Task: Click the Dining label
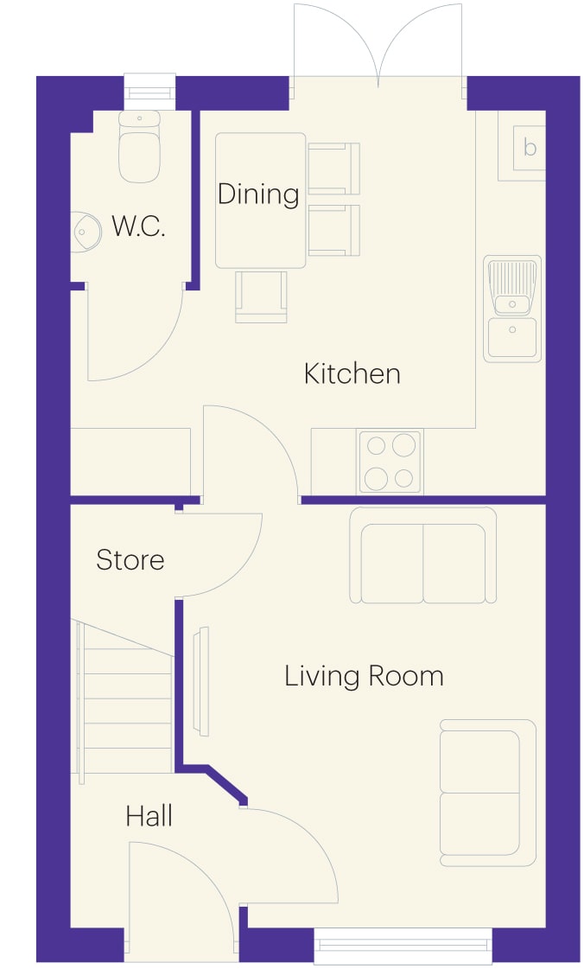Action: [258, 194]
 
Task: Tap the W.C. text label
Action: [138, 226]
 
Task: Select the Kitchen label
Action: [352, 374]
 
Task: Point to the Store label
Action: [130, 560]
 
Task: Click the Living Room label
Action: [365, 677]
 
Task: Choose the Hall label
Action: [149, 816]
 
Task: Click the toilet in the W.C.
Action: [139, 146]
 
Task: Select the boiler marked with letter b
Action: [522, 146]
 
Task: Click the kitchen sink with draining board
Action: [512, 309]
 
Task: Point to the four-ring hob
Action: [390, 462]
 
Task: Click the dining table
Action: [261, 201]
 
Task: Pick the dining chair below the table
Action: [261, 296]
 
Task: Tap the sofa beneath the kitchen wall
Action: [423, 555]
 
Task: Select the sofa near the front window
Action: [488, 793]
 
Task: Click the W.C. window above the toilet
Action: [149, 92]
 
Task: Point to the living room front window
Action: [403, 946]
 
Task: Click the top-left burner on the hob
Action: [376, 446]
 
